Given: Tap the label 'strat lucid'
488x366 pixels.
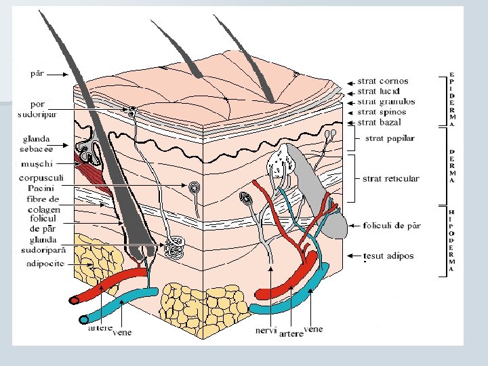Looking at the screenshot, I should pyautogui.click(x=380, y=91).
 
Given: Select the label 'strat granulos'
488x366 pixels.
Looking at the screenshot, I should pyautogui.click(x=386, y=102).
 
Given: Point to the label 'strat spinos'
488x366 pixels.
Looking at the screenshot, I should pyautogui.click(x=382, y=112).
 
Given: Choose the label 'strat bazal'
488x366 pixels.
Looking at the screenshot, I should pyautogui.click(x=379, y=123).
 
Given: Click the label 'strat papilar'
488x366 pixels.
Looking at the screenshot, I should pyautogui.click(x=389, y=139).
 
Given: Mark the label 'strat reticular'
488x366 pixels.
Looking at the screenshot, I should pyautogui.click(x=390, y=179).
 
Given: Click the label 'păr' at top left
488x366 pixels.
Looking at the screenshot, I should pyautogui.click(x=38, y=73).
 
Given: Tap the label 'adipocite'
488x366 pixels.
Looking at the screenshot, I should pyautogui.click(x=45, y=264).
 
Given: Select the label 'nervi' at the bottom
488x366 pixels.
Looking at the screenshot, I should pyautogui.click(x=266, y=331).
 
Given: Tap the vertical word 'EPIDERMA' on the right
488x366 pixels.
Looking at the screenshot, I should pyautogui.click(x=452, y=100).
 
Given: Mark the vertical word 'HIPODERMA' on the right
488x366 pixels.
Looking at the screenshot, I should pyautogui.click(x=452, y=241).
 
